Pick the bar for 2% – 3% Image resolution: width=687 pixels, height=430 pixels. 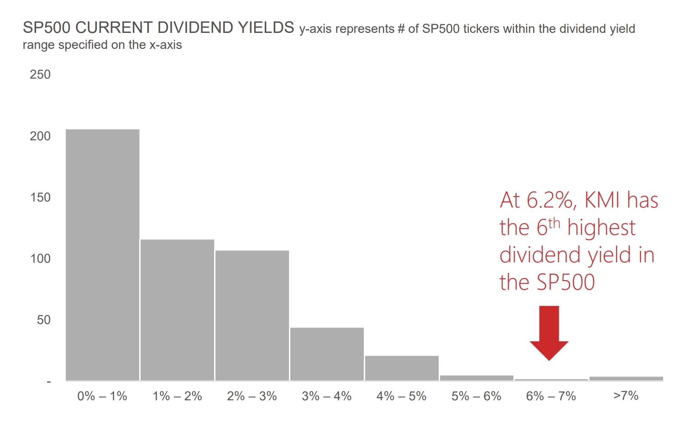(x=252, y=315)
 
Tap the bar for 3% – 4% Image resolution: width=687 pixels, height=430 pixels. (x=327, y=354)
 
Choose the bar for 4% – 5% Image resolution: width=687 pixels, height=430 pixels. (x=402, y=368)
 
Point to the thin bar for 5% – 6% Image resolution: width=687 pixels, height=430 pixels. (x=477, y=378)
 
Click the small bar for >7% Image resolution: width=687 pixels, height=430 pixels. (x=626, y=378)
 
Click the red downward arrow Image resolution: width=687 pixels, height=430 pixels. (x=549, y=331)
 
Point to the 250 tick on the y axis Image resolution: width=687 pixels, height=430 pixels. (x=40, y=74)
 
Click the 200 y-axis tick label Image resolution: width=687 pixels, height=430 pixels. (x=40, y=136)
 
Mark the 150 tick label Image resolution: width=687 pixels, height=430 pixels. (x=40, y=197)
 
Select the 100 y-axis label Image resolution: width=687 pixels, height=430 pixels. (x=40, y=259)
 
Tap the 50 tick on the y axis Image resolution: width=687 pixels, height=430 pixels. (x=43, y=320)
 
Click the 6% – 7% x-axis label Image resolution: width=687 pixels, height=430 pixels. (x=551, y=396)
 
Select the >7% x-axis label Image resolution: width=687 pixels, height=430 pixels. (x=626, y=396)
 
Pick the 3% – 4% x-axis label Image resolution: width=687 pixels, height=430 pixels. (x=327, y=396)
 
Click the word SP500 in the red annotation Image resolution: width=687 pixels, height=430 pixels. (x=566, y=282)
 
